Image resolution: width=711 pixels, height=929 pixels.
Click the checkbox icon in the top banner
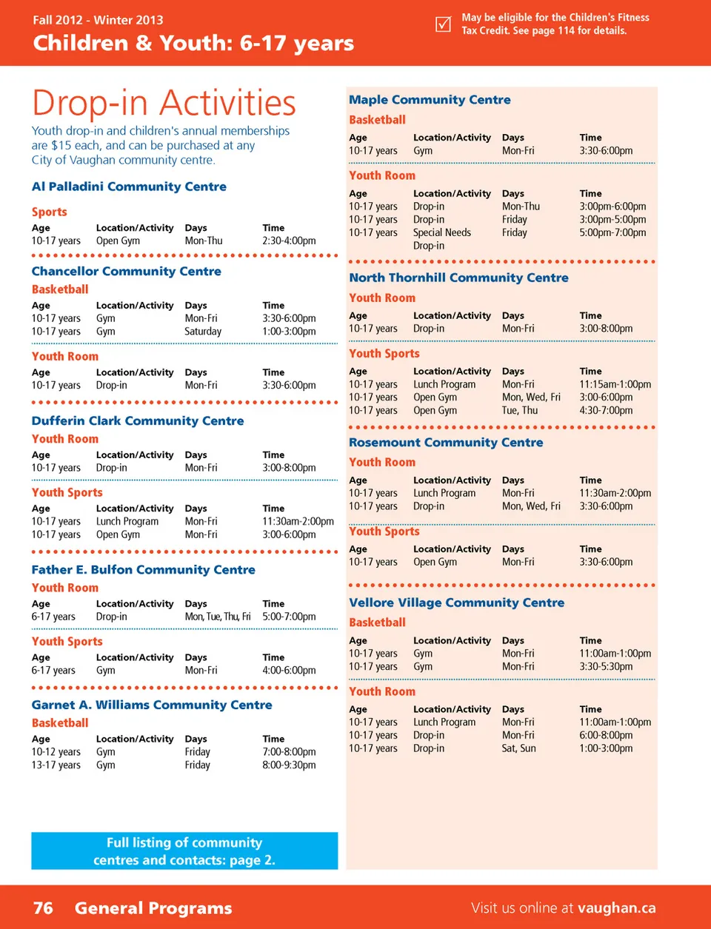coord(443,24)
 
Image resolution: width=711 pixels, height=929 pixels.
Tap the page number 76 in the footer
coord(43,908)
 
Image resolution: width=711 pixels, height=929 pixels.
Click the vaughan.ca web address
coord(616,908)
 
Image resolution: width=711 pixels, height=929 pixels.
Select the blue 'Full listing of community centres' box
coord(184,851)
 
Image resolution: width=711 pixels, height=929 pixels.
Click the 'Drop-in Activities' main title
coord(164,103)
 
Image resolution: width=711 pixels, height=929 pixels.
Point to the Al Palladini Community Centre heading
coord(129,187)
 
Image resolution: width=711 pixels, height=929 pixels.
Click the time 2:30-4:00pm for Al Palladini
coord(289,241)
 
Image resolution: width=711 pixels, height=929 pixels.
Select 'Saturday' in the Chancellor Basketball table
coord(203,332)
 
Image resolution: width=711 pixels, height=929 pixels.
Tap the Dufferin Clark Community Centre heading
coord(138,420)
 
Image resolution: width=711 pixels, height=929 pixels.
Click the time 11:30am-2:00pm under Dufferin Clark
coord(298,521)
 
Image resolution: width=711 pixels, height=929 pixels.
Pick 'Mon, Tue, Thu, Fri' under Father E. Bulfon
coord(218,617)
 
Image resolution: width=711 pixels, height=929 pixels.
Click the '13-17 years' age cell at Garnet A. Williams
coord(56,765)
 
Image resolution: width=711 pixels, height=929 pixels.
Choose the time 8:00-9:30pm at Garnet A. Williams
coord(289,765)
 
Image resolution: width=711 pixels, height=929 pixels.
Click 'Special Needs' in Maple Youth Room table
coord(442,232)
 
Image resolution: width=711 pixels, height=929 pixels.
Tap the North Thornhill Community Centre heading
coord(458,278)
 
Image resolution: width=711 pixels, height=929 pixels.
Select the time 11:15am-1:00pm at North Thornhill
coord(615,384)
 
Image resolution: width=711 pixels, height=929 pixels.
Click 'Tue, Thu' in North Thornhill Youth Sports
coord(520,410)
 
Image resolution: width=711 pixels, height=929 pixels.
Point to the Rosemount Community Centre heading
coord(446,442)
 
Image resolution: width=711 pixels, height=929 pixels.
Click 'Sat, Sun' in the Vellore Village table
coord(518,748)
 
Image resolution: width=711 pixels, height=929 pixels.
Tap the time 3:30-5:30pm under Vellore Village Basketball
coord(606,666)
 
